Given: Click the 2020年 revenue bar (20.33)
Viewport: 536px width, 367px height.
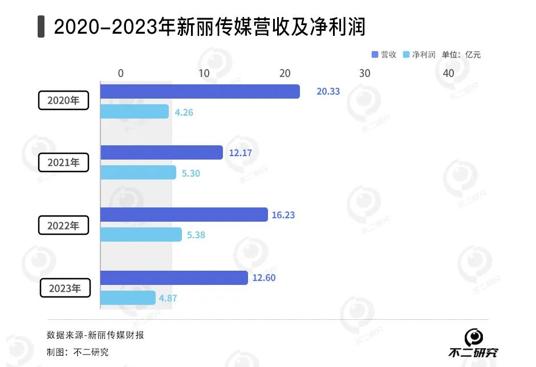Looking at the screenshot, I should pos(200,91).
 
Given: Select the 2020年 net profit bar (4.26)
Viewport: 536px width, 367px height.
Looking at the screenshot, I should pos(135,112).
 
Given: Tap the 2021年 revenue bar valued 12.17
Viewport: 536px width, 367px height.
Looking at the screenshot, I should pos(161,153).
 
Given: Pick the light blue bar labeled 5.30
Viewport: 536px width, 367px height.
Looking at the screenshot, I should pos(139,173).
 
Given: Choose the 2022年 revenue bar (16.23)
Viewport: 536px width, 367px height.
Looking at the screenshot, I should pos(184,215).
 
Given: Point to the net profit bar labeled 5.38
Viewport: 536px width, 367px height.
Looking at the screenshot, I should pos(141,235).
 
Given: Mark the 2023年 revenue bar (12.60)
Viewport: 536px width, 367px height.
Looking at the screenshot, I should pos(174,278).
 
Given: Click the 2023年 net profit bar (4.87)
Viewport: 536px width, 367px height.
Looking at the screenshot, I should pos(128,297).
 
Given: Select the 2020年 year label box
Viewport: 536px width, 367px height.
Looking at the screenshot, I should pos(63,100).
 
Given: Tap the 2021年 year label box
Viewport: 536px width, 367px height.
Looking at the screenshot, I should pos(63,162).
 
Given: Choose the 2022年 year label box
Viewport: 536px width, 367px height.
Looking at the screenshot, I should pos(63,225).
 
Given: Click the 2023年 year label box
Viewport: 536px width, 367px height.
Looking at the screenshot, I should pos(64,288).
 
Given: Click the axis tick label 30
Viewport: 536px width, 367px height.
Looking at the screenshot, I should pos(364,74).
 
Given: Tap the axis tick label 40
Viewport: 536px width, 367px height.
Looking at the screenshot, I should pos(448,74).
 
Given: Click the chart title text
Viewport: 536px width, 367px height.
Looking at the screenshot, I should pos(209,27).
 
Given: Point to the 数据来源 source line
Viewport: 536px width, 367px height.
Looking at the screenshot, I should pos(95,335).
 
